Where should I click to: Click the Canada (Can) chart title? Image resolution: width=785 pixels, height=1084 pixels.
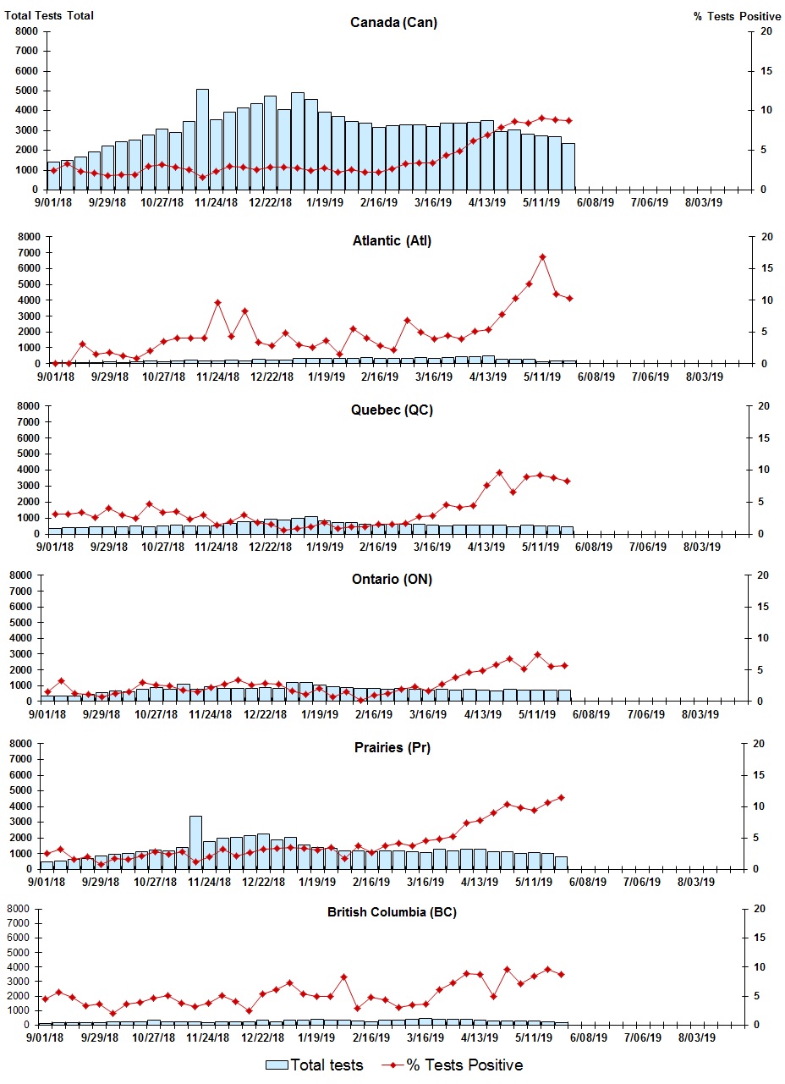pos(392,22)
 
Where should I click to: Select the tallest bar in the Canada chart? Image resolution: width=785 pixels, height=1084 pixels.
pos(202,140)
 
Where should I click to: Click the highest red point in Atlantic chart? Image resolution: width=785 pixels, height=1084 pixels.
pos(542,257)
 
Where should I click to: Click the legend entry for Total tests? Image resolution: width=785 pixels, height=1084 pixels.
pos(315,1065)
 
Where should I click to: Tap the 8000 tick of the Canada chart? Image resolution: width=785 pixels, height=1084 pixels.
pos(25,31)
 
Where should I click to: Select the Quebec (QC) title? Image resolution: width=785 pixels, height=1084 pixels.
pos(392,410)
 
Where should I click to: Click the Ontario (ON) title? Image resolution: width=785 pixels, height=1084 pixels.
pos(392,579)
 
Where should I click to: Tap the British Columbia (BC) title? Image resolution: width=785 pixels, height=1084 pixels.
pos(392,912)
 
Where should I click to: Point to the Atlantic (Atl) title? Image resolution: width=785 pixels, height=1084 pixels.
pos(392,241)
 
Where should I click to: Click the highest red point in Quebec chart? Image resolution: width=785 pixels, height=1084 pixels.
pos(499,473)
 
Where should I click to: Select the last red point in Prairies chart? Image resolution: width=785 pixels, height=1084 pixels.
pos(561,797)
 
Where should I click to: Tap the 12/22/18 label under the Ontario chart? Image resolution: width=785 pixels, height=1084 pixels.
pos(265,714)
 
